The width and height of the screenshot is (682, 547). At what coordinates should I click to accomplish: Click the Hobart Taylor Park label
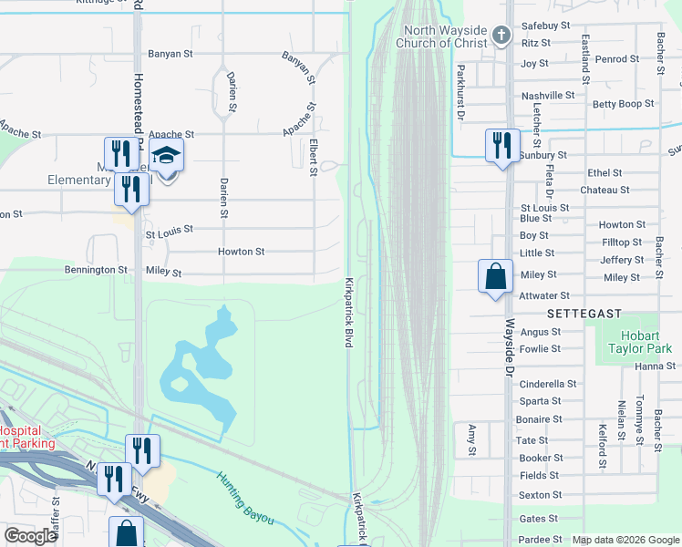(x=640, y=342)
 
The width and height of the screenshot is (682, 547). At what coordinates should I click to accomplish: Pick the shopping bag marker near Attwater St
(x=494, y=275)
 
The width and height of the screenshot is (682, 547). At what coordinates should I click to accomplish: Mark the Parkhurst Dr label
(x=460, y=92)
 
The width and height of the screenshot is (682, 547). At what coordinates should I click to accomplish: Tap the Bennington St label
(x=96, y=270)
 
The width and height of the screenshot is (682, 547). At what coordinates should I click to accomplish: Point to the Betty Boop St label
(x=623, y=104)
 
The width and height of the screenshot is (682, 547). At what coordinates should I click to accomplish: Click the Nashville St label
(x=547, y=95)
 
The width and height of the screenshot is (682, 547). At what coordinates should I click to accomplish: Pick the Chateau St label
(x=604, y=190)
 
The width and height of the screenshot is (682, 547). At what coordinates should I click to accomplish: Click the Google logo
(x=31, y=536)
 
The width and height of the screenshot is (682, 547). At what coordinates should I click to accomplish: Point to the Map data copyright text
(x=625, y=540)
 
